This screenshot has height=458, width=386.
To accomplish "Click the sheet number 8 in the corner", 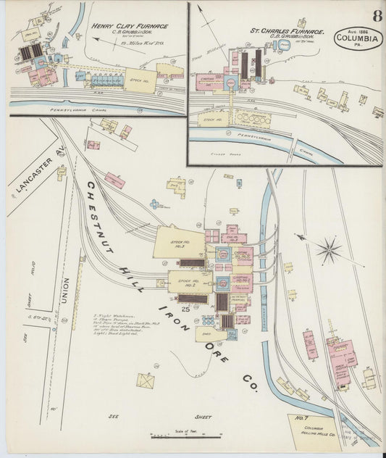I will [377, 15].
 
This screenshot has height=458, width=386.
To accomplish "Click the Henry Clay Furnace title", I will [130, 26].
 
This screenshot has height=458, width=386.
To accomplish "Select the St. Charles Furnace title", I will [286, 31].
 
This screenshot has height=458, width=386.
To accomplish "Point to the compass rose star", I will [330, 251].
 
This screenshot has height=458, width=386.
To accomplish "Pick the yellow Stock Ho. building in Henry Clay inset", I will [139, 79].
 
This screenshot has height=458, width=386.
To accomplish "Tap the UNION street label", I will [65, 290].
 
